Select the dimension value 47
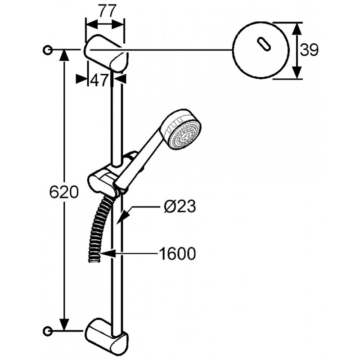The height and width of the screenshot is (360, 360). point(99,80)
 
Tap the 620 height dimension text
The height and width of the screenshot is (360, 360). point(64,192)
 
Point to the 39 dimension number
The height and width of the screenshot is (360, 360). point(309,50)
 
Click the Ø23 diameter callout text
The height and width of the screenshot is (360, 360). point(180,206)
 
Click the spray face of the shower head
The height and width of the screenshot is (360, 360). point(185,136)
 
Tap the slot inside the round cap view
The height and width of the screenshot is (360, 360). point(264,44)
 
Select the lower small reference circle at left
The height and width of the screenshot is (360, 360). point(47,331)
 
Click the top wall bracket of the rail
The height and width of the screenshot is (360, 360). point(106,54)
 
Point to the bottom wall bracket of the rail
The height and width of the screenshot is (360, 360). point(106,336)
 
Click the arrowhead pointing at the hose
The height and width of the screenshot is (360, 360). point(108,254)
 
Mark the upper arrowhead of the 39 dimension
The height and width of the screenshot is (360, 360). point(297,29)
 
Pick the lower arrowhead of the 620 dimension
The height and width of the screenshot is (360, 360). point(64,324)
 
